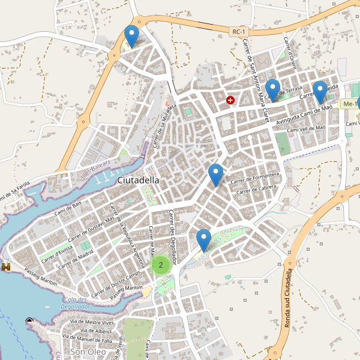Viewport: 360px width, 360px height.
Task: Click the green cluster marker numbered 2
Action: (x=161, y=264)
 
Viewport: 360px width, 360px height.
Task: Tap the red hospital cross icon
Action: (x=230, y=100)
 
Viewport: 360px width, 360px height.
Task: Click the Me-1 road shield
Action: (x=349, y=104)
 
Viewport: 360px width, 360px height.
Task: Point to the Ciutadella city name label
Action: (x=139, y=180)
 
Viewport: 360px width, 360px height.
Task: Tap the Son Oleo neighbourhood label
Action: (x=88, y=352)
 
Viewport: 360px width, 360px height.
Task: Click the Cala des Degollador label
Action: (x=75, y=303)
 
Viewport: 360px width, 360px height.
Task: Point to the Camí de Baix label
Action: (x=68, y=209)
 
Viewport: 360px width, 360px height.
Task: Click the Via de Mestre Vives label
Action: (x=92, y=322)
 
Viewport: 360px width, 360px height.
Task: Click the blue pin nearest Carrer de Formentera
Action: (x=215, y=175)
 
